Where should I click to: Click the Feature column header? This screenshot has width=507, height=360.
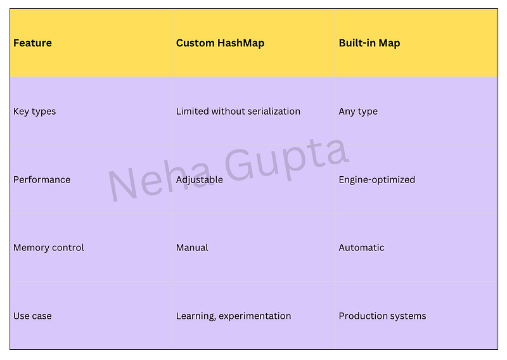(32, 43)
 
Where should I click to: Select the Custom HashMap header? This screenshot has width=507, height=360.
(220, 43)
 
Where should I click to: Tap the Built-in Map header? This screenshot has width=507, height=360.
(369, 43)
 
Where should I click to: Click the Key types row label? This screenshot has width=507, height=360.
(35, 112)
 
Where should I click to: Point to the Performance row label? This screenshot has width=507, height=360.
(42, 179)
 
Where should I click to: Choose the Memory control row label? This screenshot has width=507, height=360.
(49, 248)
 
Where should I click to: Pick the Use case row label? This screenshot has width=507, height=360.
(32, 316)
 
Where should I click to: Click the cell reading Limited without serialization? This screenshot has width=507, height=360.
(238, 112)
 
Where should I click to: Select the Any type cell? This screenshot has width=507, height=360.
(358, 112)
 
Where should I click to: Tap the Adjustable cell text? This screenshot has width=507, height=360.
(200, 180)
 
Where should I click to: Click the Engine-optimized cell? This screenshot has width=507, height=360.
(376, 180)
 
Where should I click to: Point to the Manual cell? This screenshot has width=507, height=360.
(192, 248)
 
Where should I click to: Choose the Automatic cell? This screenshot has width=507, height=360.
(361, 248)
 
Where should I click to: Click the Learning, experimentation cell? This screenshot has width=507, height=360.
(233, 316)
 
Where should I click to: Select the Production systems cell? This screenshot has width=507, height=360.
(383, 316)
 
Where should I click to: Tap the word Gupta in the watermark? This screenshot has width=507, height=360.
(286, 160)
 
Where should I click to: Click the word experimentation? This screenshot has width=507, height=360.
(255, 316)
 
